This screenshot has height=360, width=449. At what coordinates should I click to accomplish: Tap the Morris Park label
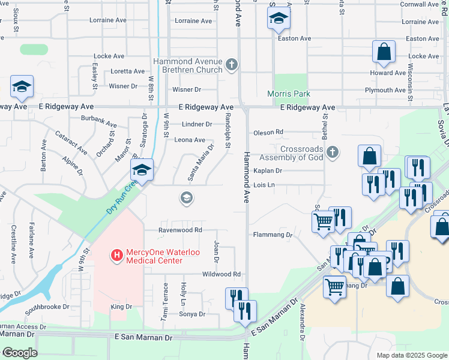[x=289, y=94]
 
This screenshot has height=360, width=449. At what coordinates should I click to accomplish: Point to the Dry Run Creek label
[x=123, y=196]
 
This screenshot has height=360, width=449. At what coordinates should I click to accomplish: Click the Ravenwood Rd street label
[x=180, y=230]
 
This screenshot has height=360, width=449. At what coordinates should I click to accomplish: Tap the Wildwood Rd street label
[x=221, y=274]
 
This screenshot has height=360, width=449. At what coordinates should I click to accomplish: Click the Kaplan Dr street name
[x=268, y=171]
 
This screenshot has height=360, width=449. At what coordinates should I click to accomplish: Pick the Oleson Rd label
[x=268, y=132]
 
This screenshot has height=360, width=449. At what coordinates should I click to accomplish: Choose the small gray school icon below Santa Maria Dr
[x=186, y=197]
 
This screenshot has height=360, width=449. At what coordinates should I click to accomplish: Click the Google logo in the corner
[x=19, y=353]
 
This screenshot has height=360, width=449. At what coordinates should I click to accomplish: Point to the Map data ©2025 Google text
[x=411, y=355]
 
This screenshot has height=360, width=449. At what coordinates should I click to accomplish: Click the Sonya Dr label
[x=192, y=314]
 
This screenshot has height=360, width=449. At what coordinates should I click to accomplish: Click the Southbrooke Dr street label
[x=47, y=307]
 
